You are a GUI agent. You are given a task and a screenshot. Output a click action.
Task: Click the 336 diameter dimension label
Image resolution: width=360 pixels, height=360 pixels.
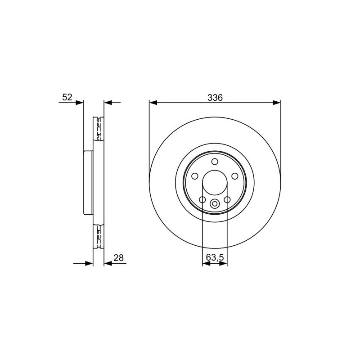coord(215,98)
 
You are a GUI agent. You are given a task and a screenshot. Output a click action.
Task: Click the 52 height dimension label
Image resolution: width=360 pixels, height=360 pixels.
coord(67,97)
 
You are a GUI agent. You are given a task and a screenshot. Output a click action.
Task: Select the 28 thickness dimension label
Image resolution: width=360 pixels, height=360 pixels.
coord(118,258)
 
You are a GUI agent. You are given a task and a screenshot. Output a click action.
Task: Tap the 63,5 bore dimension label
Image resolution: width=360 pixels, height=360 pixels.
coord(215,257)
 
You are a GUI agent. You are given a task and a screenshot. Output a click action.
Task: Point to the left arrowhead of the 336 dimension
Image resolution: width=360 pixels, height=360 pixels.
coord(153,103)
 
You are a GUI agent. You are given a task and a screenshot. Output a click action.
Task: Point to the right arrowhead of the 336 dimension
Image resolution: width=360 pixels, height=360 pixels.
coord(277,103)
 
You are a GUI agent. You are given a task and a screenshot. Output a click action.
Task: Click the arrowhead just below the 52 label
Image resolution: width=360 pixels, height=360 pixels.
coord(80,103)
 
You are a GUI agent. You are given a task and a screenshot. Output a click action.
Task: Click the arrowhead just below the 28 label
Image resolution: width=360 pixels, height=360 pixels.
coord(108,263)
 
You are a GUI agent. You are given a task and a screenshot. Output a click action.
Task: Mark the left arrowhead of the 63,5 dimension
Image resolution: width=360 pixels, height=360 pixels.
coord(206,263)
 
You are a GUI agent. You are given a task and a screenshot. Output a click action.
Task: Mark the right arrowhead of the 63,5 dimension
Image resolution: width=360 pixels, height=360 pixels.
coord(223,263)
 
